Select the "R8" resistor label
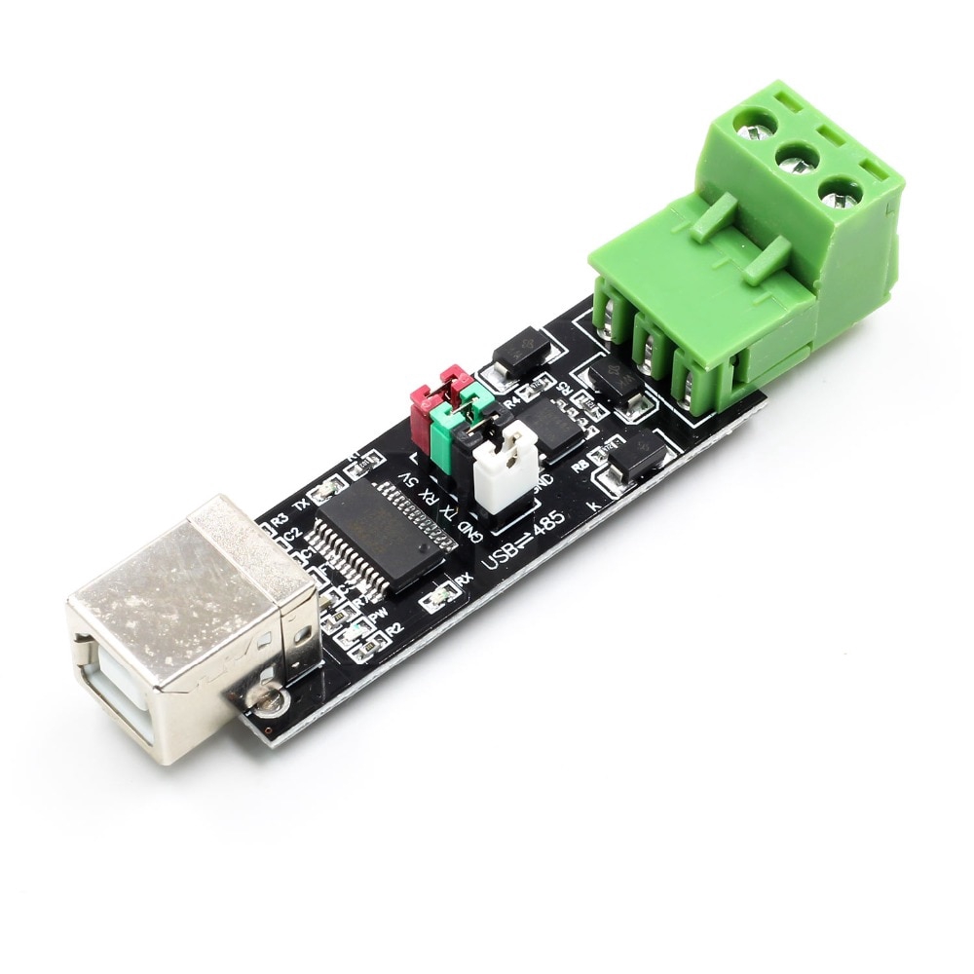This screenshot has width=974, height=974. point(581,467)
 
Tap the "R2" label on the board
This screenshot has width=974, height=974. point(394,630)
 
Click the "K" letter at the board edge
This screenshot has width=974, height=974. point(596,505)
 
